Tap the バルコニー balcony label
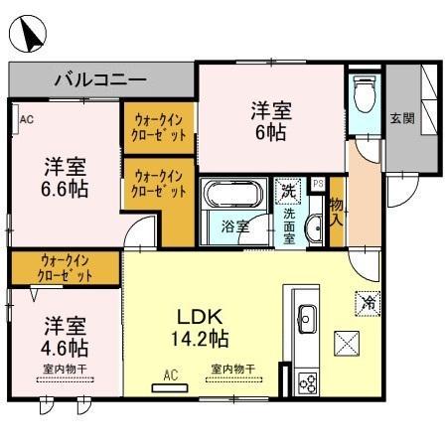(100, 78)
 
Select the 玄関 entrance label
(402, 119)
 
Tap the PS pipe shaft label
(318, 184)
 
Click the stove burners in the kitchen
(306, 382)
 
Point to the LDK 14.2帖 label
(203, 329)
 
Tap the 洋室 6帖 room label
(269, 118)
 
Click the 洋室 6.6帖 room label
(65, 175)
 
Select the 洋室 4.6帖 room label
(65, 336)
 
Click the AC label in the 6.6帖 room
(26, 121)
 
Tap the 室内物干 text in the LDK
(232, 369)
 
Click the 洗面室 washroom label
(287, 226)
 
